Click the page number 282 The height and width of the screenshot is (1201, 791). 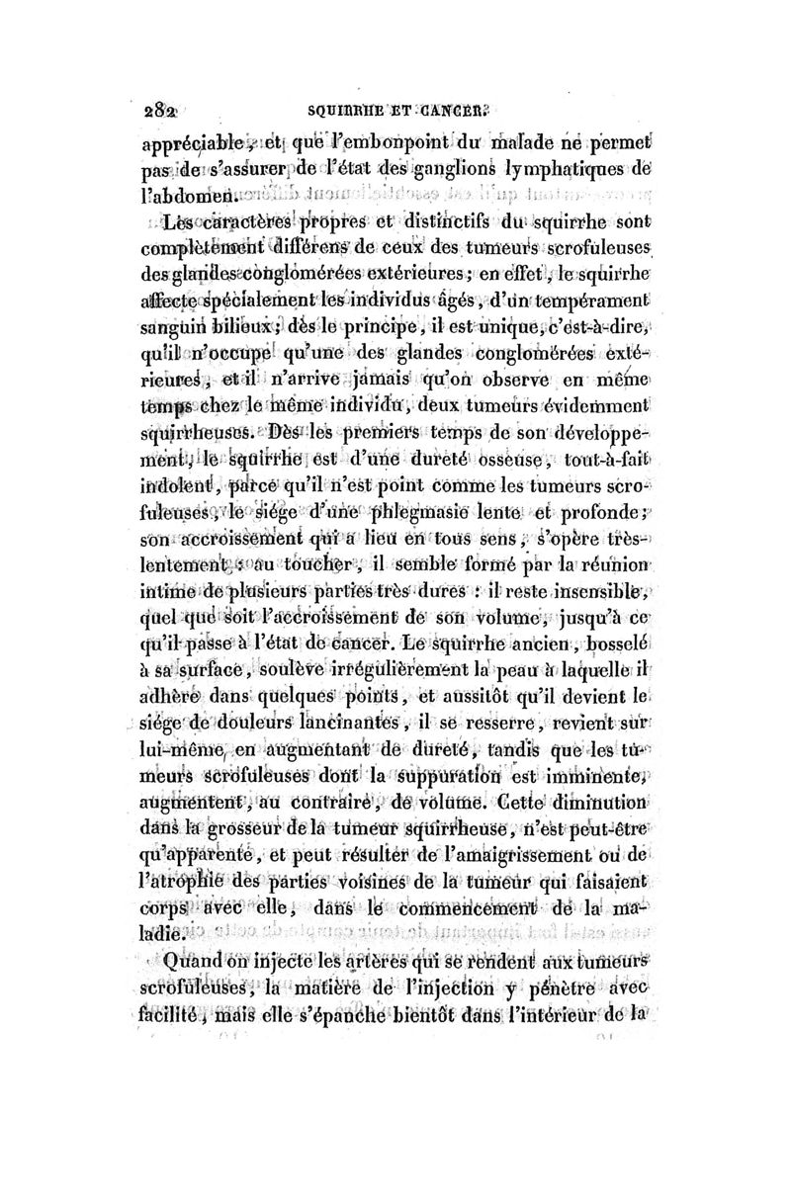click(152, 111)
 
